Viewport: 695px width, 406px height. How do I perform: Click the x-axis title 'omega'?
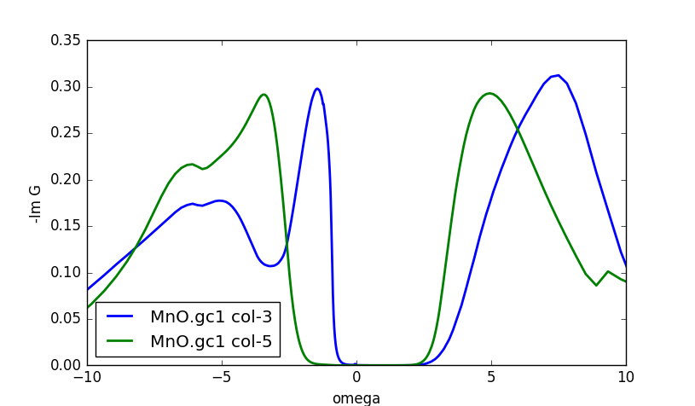(x=356, y=398)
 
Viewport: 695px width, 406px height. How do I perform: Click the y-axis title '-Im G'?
(x=36, y=203)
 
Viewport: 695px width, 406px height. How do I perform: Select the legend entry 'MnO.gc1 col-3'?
(x=211, y=317)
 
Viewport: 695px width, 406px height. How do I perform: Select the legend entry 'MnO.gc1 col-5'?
(x=211, y=341)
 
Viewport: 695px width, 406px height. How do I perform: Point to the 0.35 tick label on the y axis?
(x=66, y=41)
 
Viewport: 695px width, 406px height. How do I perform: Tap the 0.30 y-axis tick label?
(x=66, y=87)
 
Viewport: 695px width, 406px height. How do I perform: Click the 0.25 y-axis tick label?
(x=66, y=134)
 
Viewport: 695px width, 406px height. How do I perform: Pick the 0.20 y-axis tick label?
(x=66, y=180)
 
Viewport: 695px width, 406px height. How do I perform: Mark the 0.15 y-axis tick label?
(x=66, y=226)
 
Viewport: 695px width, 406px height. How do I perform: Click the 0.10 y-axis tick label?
(x=66, y=273)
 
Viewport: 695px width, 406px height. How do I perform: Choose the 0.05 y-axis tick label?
(x=66, y=319)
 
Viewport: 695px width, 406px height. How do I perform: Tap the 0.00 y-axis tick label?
(x=66, y=365)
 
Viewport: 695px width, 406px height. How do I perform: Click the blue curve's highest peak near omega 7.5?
(x=558, y=75)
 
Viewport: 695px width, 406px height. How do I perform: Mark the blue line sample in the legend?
(x=122, y=317)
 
